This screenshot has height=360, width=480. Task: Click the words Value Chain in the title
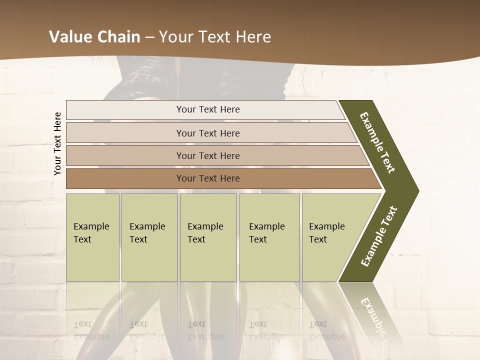click(x=94, y=37)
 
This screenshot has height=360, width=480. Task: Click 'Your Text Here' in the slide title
click(x=215, y=37)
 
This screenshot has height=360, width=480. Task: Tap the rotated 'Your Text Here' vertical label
click(x=58, y=143)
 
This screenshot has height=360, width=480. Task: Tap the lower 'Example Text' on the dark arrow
click(x=379, y=236)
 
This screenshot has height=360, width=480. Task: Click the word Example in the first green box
click(x=91, y=226)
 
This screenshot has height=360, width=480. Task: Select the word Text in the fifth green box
click(x=318, y=239)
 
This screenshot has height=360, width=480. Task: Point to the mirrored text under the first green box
click(x=91, y=330)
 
